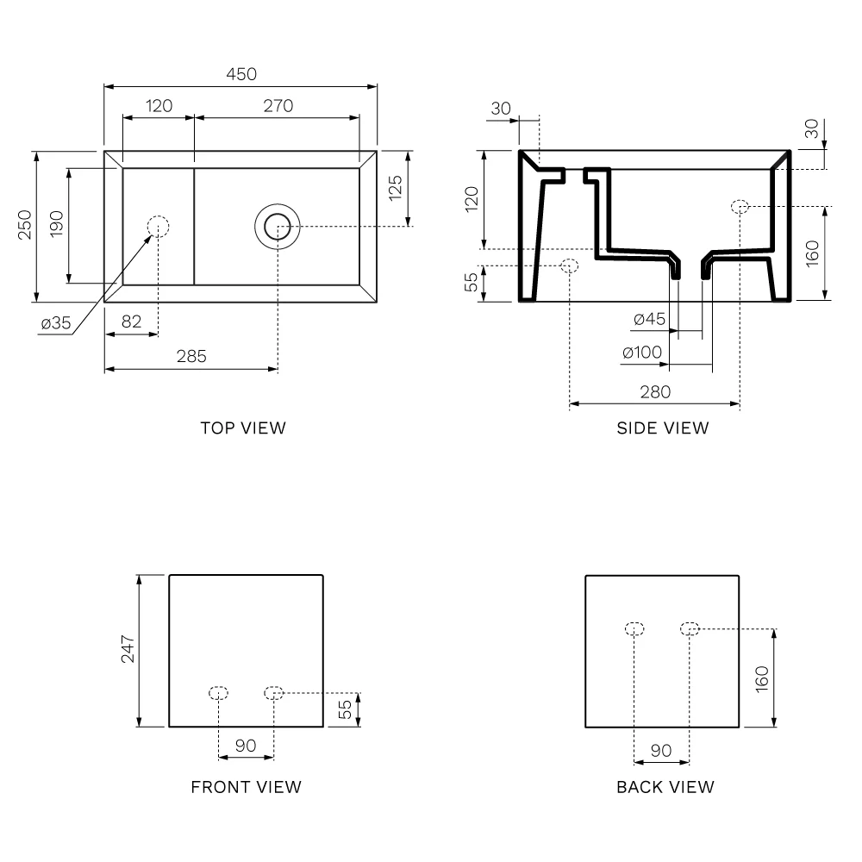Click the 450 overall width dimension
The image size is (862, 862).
[241, 74]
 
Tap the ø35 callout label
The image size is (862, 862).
[56, 323]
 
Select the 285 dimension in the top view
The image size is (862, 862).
[191, 356]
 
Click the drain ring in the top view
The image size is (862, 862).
[278, 227]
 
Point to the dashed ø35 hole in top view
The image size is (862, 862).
[158, 227]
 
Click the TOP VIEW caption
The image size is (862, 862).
[243, 428]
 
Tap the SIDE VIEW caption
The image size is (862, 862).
[662, 428]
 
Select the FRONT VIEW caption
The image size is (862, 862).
[246, 787]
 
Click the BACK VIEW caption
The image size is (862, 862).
[665, 787]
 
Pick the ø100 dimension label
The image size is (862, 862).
[642, 353]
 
